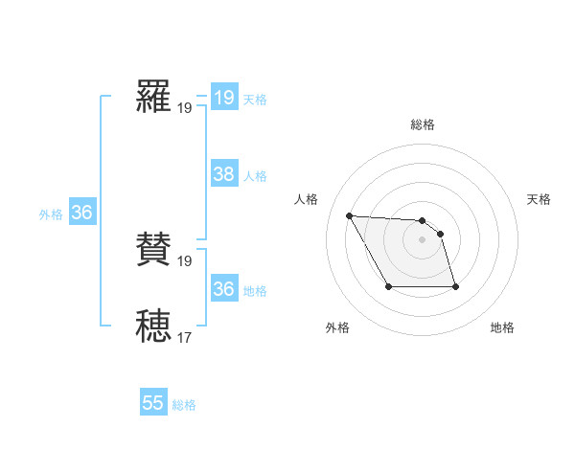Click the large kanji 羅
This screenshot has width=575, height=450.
coord(154,99)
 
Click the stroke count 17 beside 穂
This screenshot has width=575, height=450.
coord(184,337)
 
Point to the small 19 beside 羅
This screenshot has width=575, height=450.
coord(184,108)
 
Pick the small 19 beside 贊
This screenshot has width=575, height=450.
coord(184,260)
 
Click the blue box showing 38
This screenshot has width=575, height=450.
coord(224,174)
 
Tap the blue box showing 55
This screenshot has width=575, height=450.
coord(153,403)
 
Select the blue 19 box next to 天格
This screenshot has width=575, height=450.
coord(224,98)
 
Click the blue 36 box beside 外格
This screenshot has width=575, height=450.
coord(81,213)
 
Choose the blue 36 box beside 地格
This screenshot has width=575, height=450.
coord(224,289)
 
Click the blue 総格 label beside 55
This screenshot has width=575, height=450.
coord(184,405)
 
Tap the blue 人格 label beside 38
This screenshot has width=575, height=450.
coord(255,176)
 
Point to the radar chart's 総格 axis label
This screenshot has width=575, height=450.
coord(423,124)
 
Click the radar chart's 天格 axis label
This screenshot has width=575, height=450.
coord(540,199)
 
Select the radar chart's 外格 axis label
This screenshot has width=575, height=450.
coord(337,327)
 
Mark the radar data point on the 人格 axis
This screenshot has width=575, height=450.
coord(349,215)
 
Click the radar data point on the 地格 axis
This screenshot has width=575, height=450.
coord(455,286)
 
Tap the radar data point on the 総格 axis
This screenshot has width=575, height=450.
coord(423,221)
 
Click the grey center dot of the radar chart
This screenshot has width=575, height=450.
coord(423,239)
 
